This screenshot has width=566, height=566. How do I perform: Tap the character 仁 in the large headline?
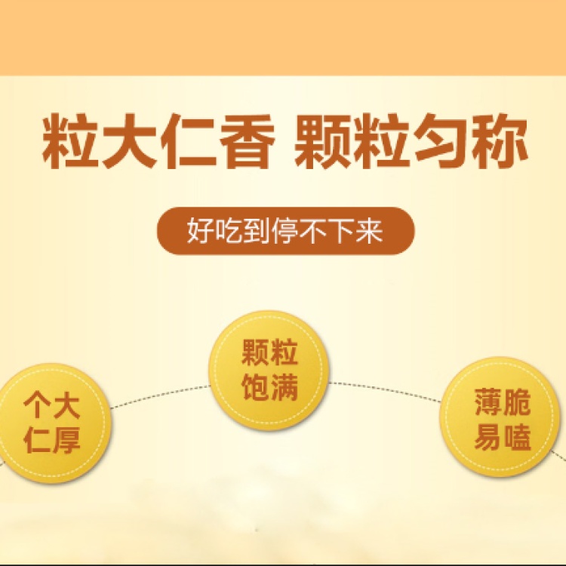(x=186, y=142)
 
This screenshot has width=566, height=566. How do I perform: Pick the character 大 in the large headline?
(x=130, y=142)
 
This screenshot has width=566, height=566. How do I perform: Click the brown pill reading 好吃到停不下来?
(x=285, y=231)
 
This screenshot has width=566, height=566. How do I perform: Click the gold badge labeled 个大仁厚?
(x=52, y=423)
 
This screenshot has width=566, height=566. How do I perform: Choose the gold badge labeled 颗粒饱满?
(x=269, y=371)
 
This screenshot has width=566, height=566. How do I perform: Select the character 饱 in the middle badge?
(x=256, y=387)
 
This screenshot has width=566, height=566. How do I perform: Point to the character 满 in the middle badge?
(x=284, y=387)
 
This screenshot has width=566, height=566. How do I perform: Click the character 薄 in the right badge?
(x=488, y=401)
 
